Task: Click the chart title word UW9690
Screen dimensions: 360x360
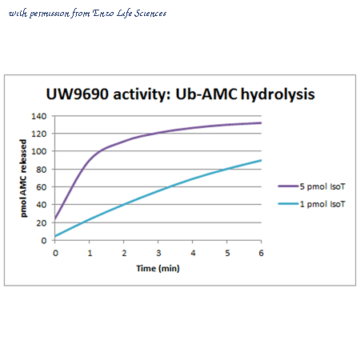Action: [x=78, y=94]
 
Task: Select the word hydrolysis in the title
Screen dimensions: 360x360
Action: [x=278, y=95]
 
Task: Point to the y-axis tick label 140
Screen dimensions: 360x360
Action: [x=39, y=116]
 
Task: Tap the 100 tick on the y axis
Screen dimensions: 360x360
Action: [x=39, y=151]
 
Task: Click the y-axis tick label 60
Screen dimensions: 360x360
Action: [x=42, y=187]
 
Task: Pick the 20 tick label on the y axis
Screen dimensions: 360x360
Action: [x=42, y=223]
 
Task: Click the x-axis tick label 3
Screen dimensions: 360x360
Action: [x=158, y=253]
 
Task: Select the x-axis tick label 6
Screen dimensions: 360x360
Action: [x=261, y=253]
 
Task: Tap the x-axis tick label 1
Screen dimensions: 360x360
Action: [x=90, y=253]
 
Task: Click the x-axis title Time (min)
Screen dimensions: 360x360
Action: [x=158, y=268]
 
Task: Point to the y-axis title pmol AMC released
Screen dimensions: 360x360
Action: [x=24, y=178]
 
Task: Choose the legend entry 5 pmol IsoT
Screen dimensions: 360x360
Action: [x=322, y=186]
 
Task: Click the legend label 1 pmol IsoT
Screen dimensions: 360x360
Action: [x=322, y=204]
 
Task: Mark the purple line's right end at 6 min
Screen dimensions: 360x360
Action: [x=261, y=123]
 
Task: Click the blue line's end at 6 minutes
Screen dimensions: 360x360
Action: [x=261, y=160]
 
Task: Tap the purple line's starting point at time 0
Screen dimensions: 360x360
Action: [x=55, y=218]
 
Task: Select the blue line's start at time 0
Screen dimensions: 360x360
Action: [x=55, y=236]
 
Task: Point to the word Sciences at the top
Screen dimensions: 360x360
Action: [x=150, y=13]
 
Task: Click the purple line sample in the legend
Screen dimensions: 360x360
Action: [x=288, y=186]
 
